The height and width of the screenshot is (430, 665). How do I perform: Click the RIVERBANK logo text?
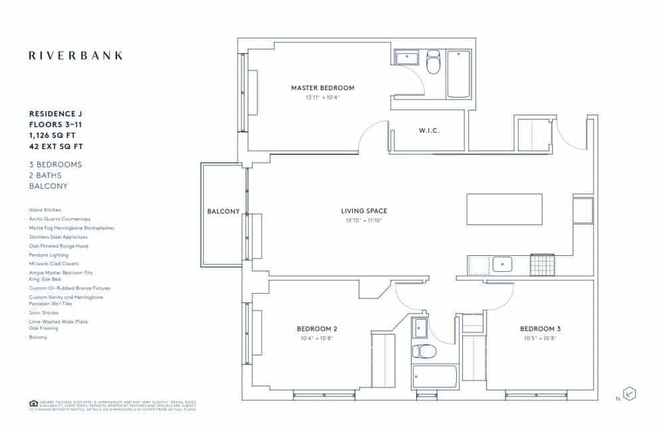click(76, 56)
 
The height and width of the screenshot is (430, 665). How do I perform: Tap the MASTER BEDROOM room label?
click(323, 88)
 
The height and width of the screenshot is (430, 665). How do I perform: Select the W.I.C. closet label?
click(429, 131)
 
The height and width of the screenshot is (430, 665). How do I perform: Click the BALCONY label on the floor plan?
click(223, 211)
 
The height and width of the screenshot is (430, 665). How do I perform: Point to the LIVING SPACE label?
click(364, 211)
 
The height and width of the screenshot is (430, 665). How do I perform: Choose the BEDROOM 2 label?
click(317, 329)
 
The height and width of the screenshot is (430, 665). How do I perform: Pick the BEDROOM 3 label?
click(540, 329)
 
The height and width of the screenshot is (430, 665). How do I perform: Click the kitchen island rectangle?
click(504, 209)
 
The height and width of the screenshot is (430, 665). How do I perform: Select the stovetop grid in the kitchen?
click(541, 265)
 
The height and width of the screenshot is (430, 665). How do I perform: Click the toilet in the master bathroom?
click(433, 62)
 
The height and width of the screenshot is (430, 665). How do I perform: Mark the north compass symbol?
click(629, 393)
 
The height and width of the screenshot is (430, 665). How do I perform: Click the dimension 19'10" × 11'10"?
click(364, 220)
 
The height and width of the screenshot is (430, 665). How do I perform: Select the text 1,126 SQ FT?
click(53, 135)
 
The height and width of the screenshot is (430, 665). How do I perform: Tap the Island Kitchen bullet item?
click(45, 210)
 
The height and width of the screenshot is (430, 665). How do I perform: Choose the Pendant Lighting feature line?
click(49, 255)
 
